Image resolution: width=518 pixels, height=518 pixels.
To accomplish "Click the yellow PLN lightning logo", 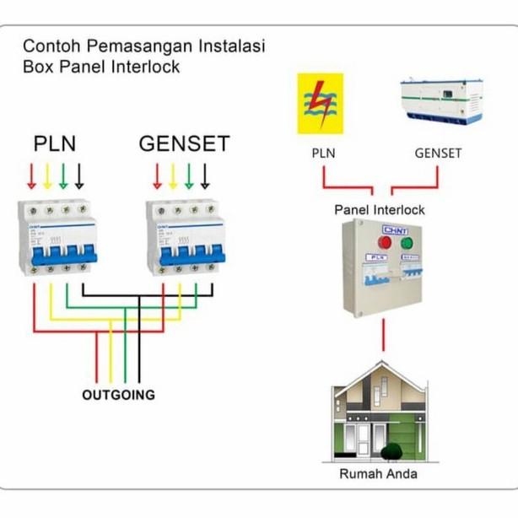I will coord(320,104).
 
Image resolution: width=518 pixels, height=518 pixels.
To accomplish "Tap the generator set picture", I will coord(440,102).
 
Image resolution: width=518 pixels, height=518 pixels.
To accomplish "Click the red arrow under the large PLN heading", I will coord(32,175).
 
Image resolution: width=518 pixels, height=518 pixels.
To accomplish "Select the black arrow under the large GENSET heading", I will coord(204,175).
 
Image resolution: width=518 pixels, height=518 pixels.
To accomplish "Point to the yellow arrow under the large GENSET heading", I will coord(172,175).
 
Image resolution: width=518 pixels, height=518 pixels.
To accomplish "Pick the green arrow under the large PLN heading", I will coord(63,175).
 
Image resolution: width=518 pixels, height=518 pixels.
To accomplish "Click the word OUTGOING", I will coord(118,394).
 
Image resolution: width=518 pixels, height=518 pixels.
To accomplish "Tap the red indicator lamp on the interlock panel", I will coord(385,243).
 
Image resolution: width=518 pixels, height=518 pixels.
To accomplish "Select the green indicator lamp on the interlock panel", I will coord(407,243).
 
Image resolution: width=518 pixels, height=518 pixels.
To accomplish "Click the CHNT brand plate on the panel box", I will coord(395,229).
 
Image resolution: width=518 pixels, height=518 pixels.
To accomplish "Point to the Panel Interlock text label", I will coord(380,209).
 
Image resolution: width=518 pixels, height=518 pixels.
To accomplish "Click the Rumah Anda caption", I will coord(378,473).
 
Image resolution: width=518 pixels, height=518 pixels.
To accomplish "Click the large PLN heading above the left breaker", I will coord(55,143).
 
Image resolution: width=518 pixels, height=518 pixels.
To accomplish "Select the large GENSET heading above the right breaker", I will coord(184,143).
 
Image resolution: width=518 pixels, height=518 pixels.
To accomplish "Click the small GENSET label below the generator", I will coord(438,154).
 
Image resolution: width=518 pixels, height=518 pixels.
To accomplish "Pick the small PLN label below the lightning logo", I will coord(324,154).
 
